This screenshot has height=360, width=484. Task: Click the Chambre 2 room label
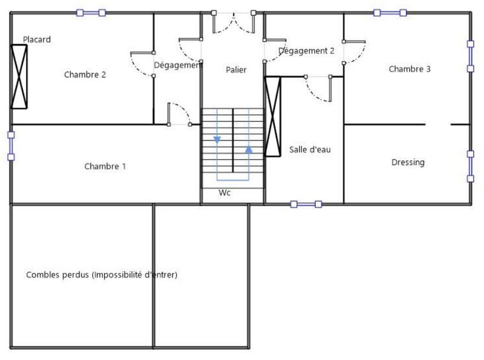tap(85, 75)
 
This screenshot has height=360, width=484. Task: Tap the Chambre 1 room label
tap(105, 166)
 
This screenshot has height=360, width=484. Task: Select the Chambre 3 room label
tap(410, 69)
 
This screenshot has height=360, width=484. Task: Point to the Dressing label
tap(408, 162)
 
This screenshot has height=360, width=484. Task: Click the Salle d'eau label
tap(310, 150)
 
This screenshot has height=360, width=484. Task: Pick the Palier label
tap(236, 70)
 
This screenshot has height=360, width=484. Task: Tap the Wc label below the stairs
tap(224, 193)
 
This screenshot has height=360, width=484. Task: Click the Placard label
tap(37, 40)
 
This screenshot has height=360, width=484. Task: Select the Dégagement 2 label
tap(306, 51)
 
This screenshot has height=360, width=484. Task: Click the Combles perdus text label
tap(102, 275)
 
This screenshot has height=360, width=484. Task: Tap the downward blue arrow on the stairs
tap(217, 140)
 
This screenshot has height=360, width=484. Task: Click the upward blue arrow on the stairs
tap(249, 148)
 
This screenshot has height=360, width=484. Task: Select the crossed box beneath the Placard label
tap(19, 76)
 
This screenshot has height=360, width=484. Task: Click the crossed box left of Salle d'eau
tap(273, 116)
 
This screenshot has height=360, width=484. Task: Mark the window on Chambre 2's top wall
tap(91, 12)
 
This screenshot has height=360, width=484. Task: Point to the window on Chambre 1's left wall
tap(10, 146)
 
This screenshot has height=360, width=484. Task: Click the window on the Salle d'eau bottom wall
tap(306, 205)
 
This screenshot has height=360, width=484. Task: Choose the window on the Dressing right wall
tap(470, 166)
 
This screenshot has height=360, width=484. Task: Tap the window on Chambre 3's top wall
tap(390, 12)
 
